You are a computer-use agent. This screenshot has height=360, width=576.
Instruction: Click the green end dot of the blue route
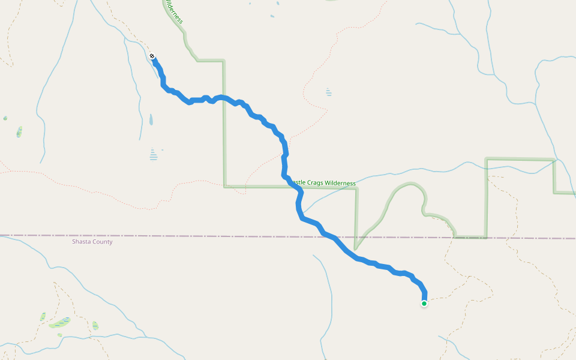(x=424, y=304)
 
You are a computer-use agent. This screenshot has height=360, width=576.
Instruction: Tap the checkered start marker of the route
(x=153, y=56)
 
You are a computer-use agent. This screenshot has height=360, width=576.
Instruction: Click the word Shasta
(x=82, y=242)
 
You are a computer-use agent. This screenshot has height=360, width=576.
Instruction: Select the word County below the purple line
(x=102, y=242)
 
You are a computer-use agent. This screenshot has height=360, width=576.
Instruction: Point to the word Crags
(x=316, y=183)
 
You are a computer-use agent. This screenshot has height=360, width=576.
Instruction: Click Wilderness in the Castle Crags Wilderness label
(x=340, y=183)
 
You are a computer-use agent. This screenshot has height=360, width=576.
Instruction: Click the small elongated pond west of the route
(x=151, y=119)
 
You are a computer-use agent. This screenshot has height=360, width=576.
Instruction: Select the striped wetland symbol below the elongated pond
(x=154, y=155)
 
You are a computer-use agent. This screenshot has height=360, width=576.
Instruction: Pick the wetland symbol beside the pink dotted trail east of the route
(x=328, y=92)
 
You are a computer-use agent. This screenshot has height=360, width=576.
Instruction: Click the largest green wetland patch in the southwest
(x=59, y=323)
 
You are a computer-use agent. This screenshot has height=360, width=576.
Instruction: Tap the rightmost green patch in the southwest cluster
(x=95, y=326)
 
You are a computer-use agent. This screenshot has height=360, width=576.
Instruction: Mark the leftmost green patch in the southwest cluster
(x=43, y=316)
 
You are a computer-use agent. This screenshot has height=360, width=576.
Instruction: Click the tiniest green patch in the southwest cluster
(x=59, y=335)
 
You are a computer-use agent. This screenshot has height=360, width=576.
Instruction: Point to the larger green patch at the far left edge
(x=19, y=131)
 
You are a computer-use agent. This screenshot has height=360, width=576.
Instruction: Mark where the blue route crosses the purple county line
(x=326, y=236)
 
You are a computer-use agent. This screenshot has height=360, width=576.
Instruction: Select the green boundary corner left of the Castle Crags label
(x=224, y=187)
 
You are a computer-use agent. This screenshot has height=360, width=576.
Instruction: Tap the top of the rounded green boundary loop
(x=410, y=184)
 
